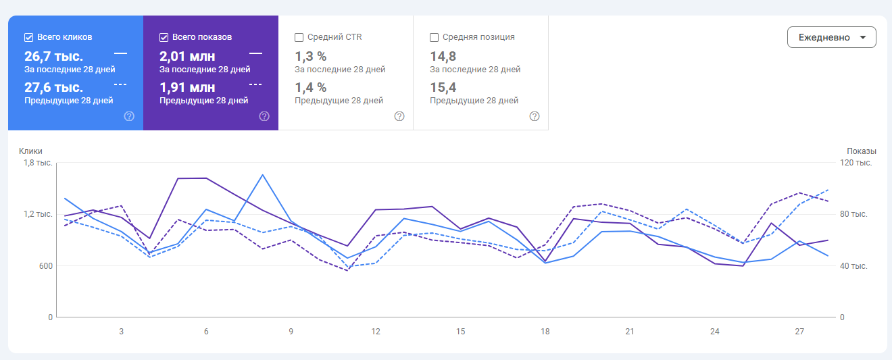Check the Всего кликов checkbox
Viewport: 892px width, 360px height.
[x=28, y=37]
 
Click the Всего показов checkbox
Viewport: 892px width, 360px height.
[x=164, y=37]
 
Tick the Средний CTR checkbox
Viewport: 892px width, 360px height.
[x=299, y=37]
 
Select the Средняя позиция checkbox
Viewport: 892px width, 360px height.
[x=434, y=37]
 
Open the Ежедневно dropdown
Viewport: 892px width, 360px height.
[x=831, y=37]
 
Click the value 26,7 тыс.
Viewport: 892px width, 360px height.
[x=53, y=55]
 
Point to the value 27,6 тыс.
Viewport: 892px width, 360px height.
[x=53, y=87]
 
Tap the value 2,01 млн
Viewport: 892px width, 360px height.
[x=187, y=55]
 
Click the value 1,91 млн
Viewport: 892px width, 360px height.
[x=187, y=87]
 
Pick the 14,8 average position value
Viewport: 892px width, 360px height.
[x=443, y=55]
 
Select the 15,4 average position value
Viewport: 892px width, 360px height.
[x=443, y=87]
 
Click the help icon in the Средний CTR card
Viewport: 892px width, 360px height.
[x=399, y=116]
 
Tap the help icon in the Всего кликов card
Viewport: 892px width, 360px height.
[x=129, y=116]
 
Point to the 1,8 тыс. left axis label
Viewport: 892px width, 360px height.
[x=38, y=163]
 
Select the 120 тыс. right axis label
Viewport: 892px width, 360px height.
[x=855, y=163]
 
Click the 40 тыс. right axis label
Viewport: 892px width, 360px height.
[x=853, y=265]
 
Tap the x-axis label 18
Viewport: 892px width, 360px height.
[x=545, y=332]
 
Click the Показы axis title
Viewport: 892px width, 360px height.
[x=861, y=151]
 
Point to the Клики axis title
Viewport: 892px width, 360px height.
[x=31, y=151]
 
